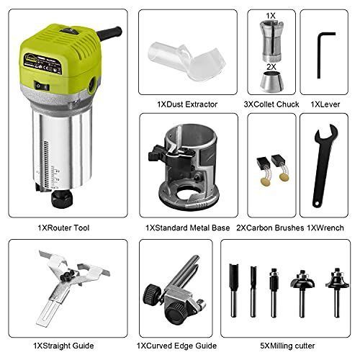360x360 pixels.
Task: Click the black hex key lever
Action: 319,55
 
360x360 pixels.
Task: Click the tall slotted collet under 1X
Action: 271,41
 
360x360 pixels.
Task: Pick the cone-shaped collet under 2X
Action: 271,81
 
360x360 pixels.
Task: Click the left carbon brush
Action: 264,171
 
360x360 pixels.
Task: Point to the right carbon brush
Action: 281,168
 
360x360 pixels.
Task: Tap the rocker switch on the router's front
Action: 42,86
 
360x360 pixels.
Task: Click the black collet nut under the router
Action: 62,199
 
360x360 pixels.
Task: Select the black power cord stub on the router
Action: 109,33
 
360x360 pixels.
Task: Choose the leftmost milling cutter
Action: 233,290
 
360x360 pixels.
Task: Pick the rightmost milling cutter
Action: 337,292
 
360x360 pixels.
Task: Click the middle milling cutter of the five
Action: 274,293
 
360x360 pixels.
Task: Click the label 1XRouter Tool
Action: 63,228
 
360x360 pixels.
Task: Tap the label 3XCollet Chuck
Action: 271,104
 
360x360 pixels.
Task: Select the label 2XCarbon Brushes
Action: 270,228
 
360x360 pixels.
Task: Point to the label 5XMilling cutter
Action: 287,346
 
